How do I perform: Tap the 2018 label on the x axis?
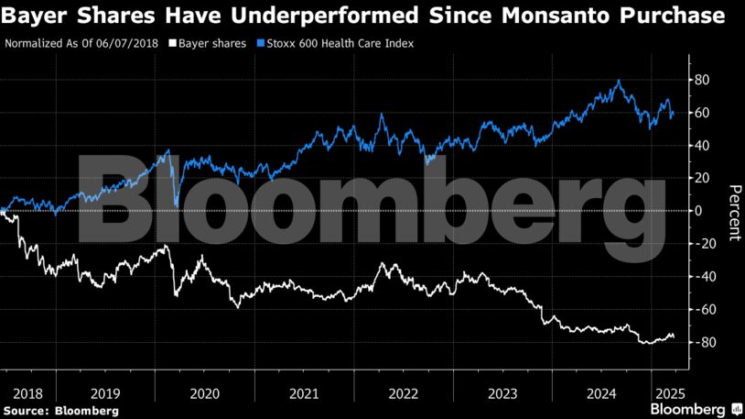[x=27, y=394]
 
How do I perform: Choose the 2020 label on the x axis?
[x=204, y=394]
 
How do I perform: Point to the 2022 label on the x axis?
[x=404, y=394]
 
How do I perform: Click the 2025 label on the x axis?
[x=664, y=394]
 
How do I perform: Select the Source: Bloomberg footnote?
[x=60, y=411]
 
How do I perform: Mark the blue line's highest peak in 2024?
[x=620, y=81]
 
